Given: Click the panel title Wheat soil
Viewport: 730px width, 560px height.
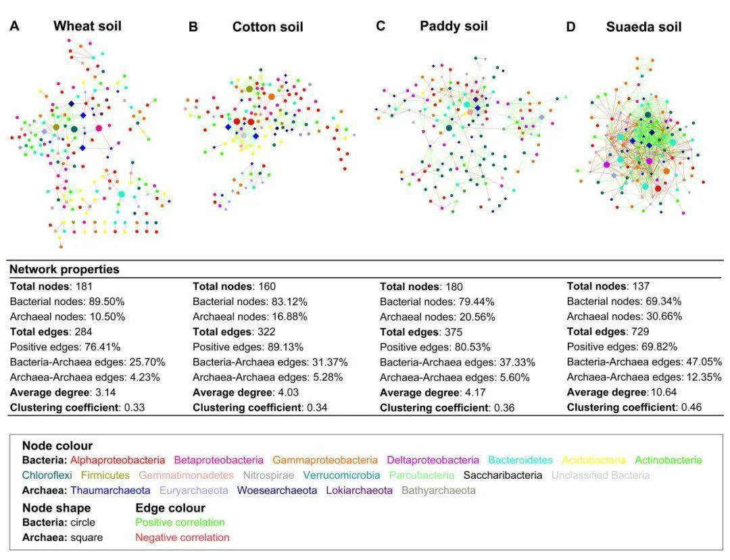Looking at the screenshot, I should pos(87,26).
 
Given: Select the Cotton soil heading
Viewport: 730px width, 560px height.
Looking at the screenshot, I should pos(268,27).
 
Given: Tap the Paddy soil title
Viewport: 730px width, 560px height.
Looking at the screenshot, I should pos(454,26).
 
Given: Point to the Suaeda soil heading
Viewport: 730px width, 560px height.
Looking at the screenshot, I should pos(643,27).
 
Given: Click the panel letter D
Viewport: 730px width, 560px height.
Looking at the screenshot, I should pos(571,27).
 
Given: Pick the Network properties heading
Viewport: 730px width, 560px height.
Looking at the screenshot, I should pos(64,269).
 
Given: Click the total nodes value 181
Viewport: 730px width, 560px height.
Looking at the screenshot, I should pos(82,286).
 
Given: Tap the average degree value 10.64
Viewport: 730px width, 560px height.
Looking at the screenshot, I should pos(663,392).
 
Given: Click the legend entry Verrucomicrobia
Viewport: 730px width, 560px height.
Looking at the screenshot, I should pos(341,475).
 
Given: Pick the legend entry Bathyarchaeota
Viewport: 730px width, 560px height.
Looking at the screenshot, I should pos(439,490).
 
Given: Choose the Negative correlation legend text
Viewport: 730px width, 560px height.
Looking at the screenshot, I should pos(182,538).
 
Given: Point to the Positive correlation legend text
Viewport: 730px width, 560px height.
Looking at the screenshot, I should pos(180,522).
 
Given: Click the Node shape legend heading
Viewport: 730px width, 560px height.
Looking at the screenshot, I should pos(56,507).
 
